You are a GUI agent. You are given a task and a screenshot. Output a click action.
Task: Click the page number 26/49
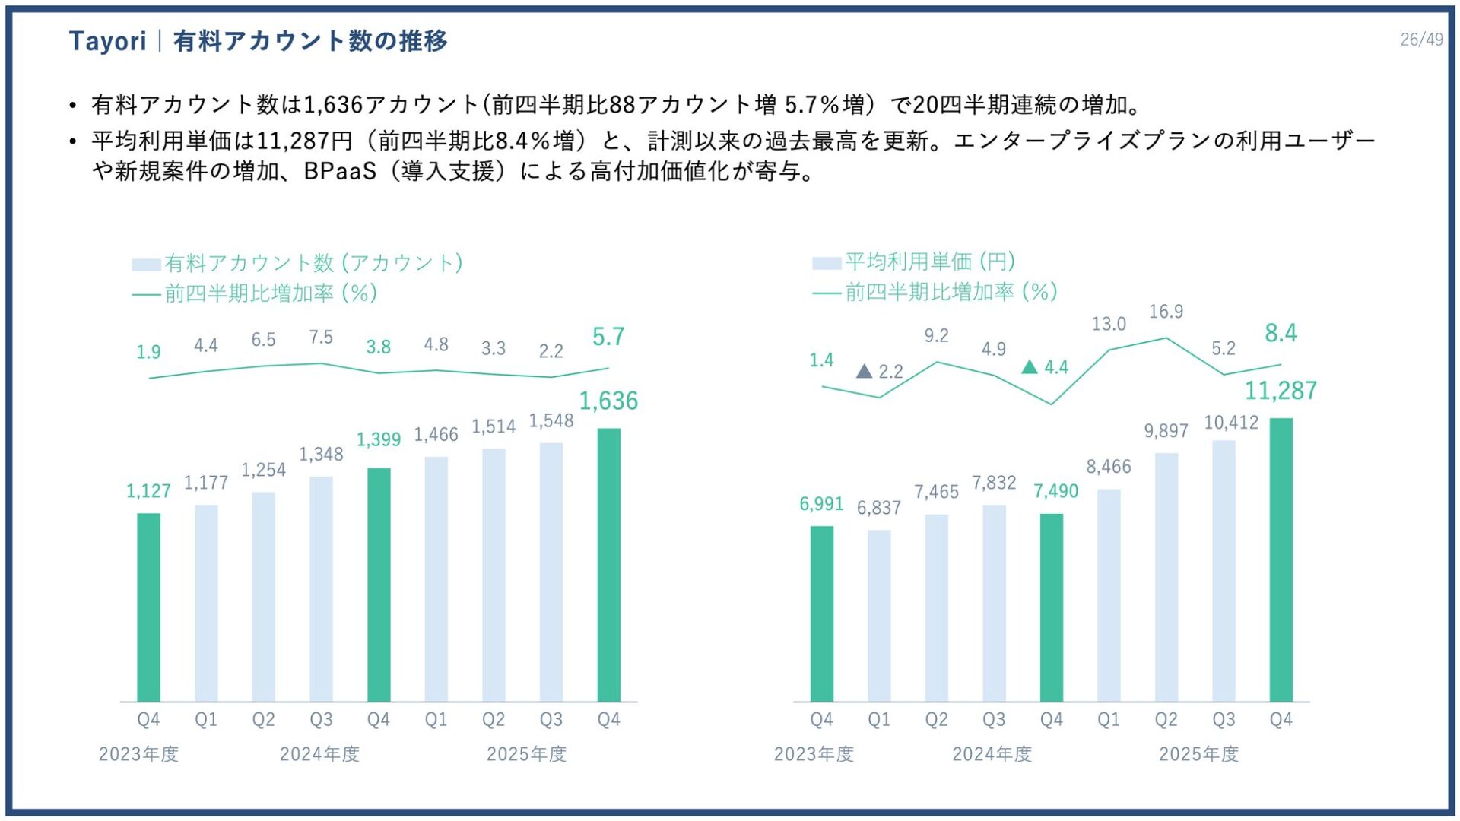point(1421,40)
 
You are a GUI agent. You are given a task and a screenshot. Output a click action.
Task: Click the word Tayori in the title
point(107,41)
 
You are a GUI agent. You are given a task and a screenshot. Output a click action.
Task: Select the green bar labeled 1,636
point(608,564)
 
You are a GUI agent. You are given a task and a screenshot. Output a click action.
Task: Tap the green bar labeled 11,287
point(1281,559)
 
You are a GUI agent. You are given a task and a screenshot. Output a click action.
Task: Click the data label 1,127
point(148,491)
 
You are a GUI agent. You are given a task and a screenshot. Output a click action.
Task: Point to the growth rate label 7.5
point(321,337)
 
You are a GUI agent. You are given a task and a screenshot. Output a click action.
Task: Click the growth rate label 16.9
point(1166,312)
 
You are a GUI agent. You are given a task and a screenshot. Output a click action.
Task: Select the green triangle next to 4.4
point(1030,367)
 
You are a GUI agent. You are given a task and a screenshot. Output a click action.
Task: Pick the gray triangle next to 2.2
point(864,372)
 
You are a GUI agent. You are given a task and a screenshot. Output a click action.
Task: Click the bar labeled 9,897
point(1166,577)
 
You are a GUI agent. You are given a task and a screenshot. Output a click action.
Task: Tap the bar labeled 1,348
point(321,588)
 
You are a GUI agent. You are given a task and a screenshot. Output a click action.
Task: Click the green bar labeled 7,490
point(1051,607)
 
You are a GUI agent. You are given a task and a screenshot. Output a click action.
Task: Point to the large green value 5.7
point(608,337)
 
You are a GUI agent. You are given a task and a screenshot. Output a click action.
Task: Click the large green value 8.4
point(1281,333)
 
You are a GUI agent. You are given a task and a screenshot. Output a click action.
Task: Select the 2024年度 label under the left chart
point(319,754)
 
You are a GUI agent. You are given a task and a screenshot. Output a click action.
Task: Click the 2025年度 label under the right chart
point(1198,754)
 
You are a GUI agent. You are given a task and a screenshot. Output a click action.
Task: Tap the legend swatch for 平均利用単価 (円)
point(826,263)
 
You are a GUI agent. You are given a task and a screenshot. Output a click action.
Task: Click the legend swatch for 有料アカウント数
point(146,265)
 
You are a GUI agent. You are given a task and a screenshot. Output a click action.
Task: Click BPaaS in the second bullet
point(340,172)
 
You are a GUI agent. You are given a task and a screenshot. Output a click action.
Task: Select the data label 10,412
point(1231,423)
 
